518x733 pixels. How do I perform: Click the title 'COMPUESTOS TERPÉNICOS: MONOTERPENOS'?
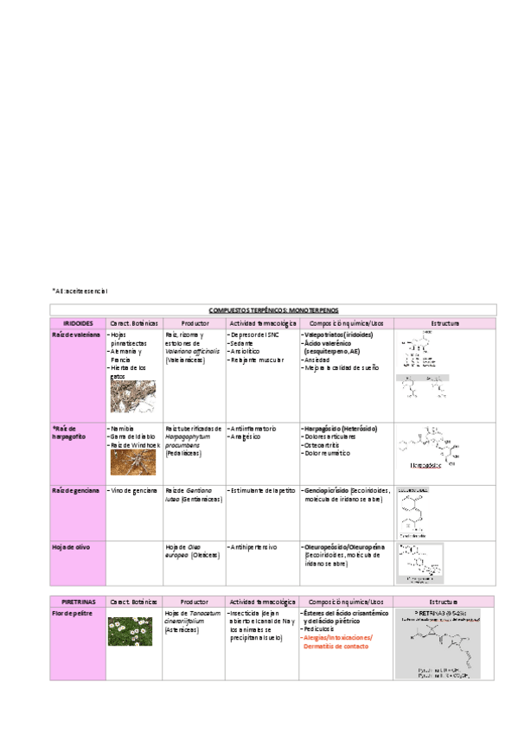[x=273, y=309]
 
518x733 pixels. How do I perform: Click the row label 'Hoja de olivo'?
[x=71, y=547]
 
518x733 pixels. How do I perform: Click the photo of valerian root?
[x=132, y=396]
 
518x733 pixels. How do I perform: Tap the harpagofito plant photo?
[x=132, y=462]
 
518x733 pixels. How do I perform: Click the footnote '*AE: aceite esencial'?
[x=80, y=290]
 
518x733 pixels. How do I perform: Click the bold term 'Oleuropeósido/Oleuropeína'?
[x=345, y=547]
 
